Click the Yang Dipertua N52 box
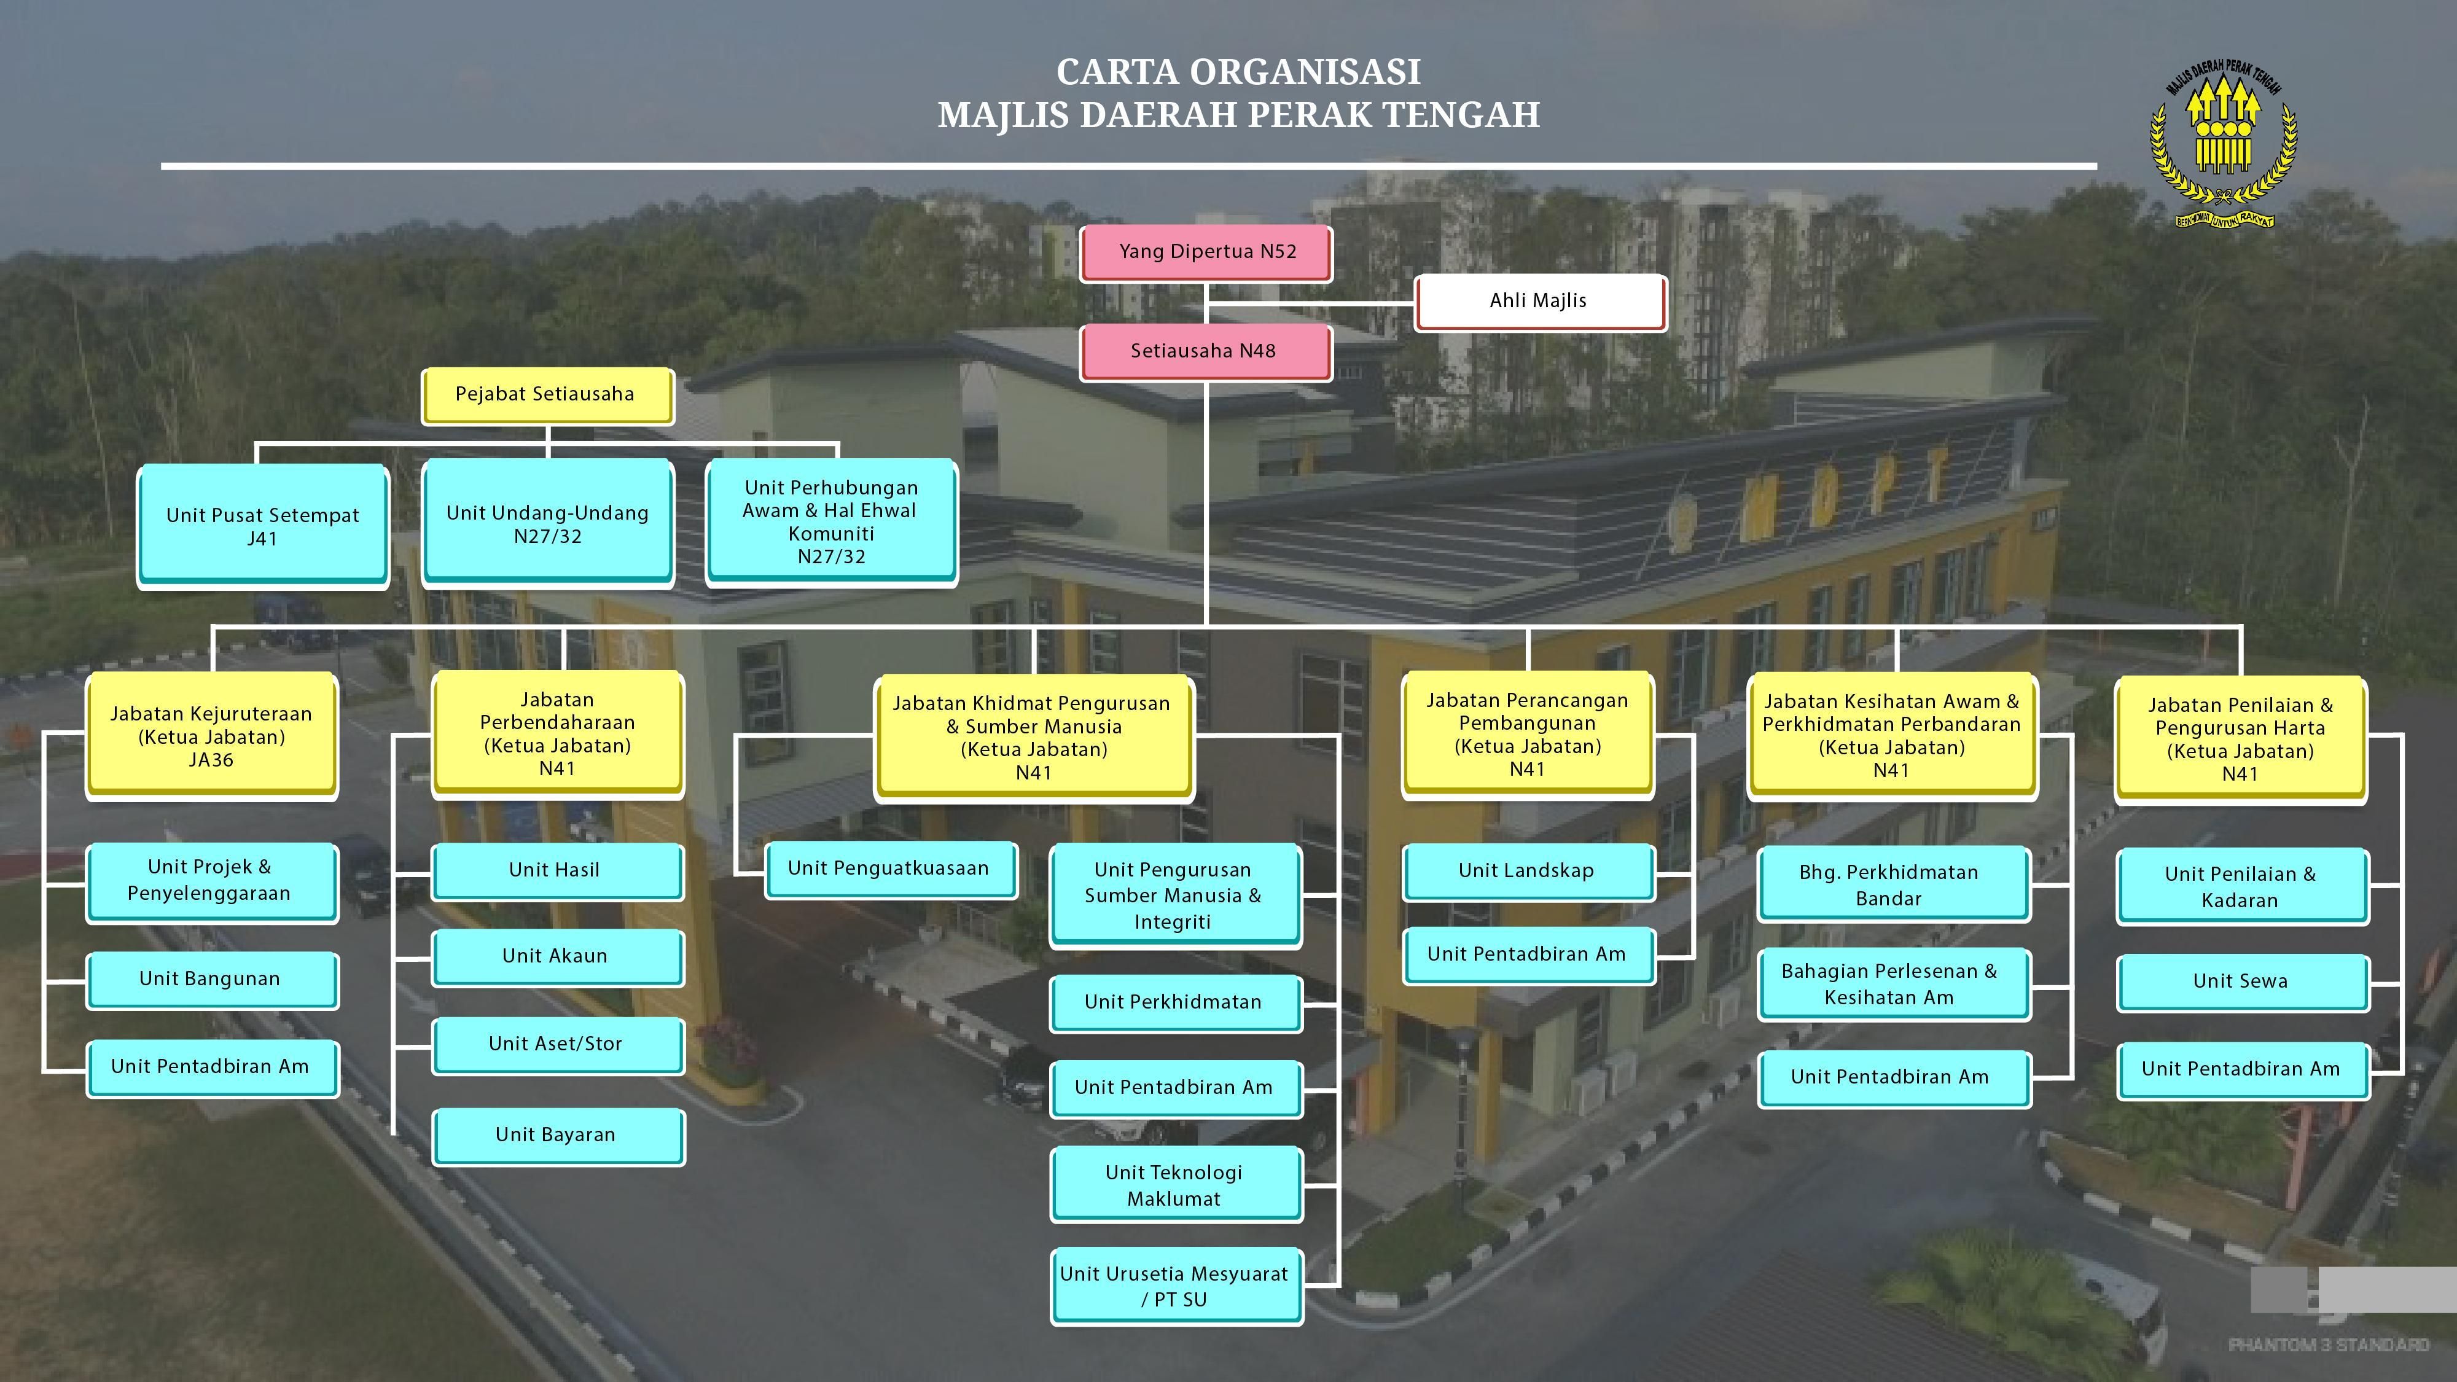(x=1206, y=252)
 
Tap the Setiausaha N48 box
(x=1204, y=351)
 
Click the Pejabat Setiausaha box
(x=545, y=394)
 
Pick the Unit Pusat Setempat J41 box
(x=262, y=526)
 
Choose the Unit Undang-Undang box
(x=547, y=523)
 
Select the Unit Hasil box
(x=556, y=870)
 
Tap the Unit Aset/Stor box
(x=556, y=1044)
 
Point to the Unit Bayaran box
(x=556, y=1134)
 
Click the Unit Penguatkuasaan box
(x=889, y=868)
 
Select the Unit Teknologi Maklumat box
(x=1174, y=1185)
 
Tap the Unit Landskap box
(x=1526, y=871)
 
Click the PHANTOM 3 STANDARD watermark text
(x=2328, y=1345)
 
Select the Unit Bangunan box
(x=211, y=978)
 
